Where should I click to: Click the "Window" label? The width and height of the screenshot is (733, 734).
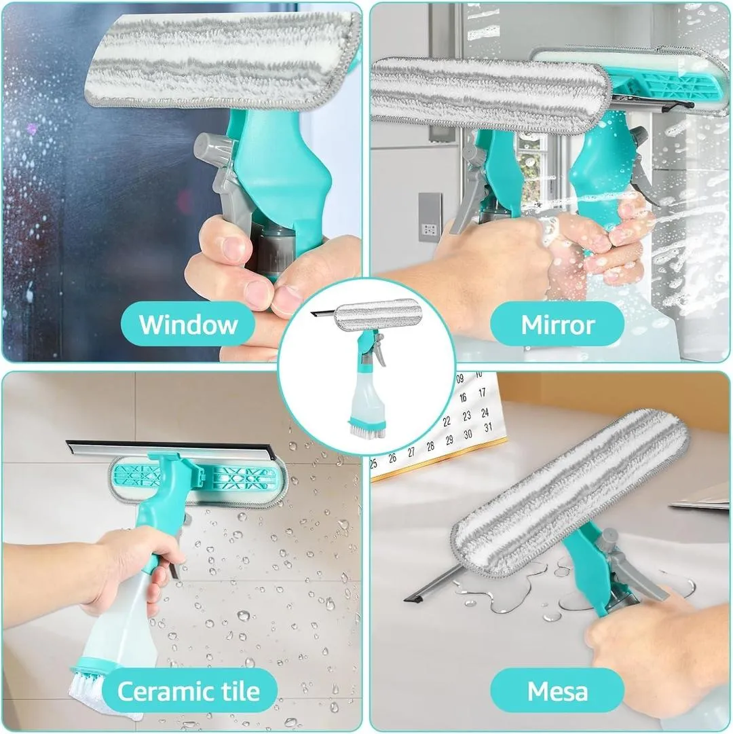tap(188, 324)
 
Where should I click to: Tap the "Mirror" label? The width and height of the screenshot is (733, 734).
tap(557, 324)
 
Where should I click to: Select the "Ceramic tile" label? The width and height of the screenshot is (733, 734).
tap(188, 691)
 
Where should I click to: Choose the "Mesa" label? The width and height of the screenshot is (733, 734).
tap(557, 691)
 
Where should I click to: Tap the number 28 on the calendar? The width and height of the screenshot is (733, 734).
tap(430, 446)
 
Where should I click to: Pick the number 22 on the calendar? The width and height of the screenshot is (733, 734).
tap(446, 421)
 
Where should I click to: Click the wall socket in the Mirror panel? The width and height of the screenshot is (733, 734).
tap(429, 217)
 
